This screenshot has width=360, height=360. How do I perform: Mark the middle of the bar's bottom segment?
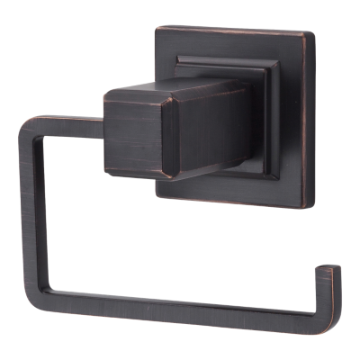point(180,304)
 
